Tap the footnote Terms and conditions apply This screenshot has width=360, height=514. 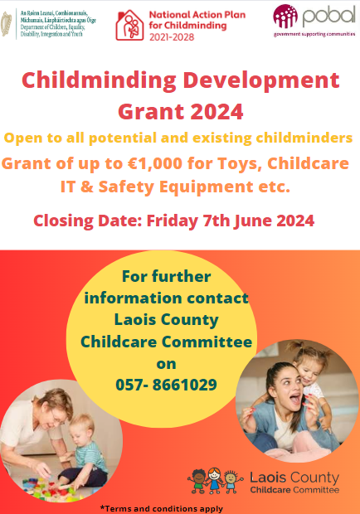pos(161,507)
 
